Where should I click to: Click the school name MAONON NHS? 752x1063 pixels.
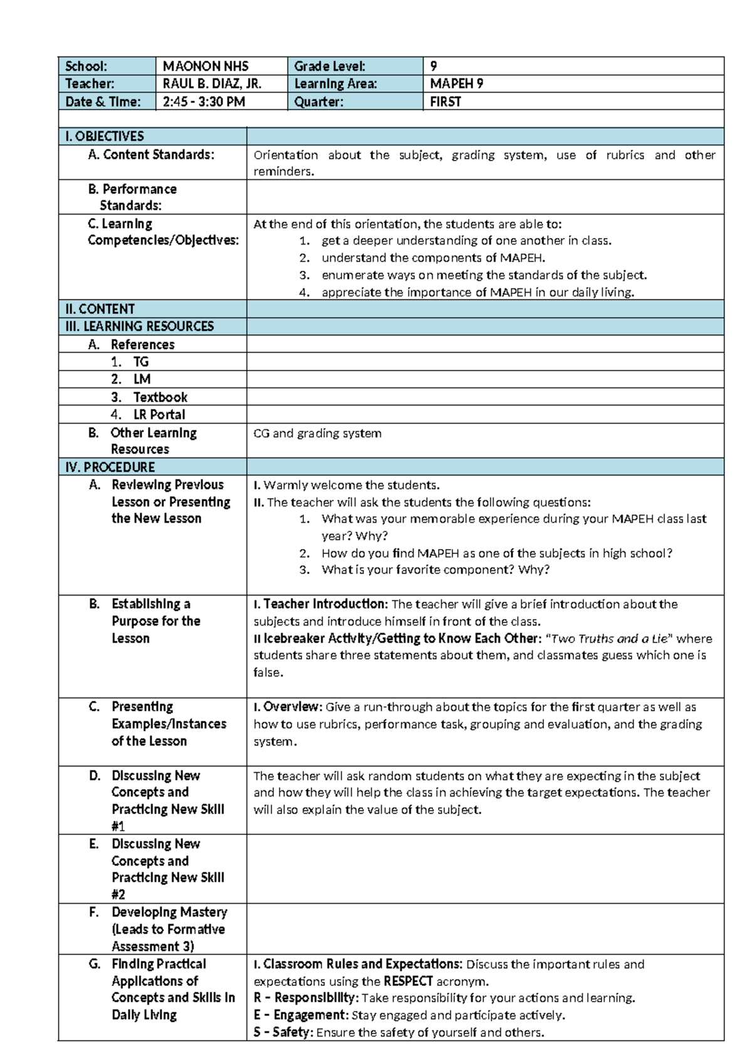tap(206, 66)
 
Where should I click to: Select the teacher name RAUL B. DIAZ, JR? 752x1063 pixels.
tap(212, 83)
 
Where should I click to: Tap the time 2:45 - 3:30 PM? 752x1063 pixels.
tap(204, 102)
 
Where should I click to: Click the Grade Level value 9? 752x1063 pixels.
tap(434, 66)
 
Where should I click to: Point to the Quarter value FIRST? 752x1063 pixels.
tap(446, 102)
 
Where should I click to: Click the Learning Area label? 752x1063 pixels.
tap(336, 83)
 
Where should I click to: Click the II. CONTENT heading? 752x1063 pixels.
tap(100, 309)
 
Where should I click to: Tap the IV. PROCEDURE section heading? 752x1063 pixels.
tap(110, 467)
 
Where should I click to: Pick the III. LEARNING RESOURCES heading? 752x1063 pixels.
tap(139, 326)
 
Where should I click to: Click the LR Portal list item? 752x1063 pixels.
tap(159, 414)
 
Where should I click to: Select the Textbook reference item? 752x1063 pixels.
tap(160, 397)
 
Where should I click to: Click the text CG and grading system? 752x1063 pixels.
tap(317, 433)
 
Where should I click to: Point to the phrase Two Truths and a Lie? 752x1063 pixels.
tap(609, 639)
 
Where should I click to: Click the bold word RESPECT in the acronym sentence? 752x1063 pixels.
tap(408, 981)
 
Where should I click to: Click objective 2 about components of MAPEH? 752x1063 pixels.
tap(433, 258)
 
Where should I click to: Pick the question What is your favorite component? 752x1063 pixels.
tap(435, 570)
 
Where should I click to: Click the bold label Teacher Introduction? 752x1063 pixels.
tap(325, 604)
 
